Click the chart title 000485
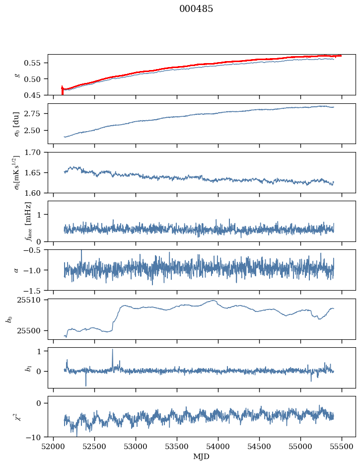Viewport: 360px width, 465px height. click(x=196, y=9)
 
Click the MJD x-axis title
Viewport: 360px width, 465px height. click(x=201, y=457)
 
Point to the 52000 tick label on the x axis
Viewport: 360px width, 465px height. click(x=54, y=447)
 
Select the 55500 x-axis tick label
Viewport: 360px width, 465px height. click(x=342, y=447)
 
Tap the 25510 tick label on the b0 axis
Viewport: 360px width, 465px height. click(x=33, y=300)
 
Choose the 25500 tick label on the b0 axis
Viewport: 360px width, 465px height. click(x=33, y=330)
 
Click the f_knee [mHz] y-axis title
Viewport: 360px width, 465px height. click(x=28, y=221)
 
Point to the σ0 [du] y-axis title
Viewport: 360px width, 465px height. click(x=18, y=123)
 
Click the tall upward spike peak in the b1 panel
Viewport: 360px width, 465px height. click(x=112, y=350)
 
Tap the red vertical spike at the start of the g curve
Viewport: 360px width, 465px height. click(x=62, y=90)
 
